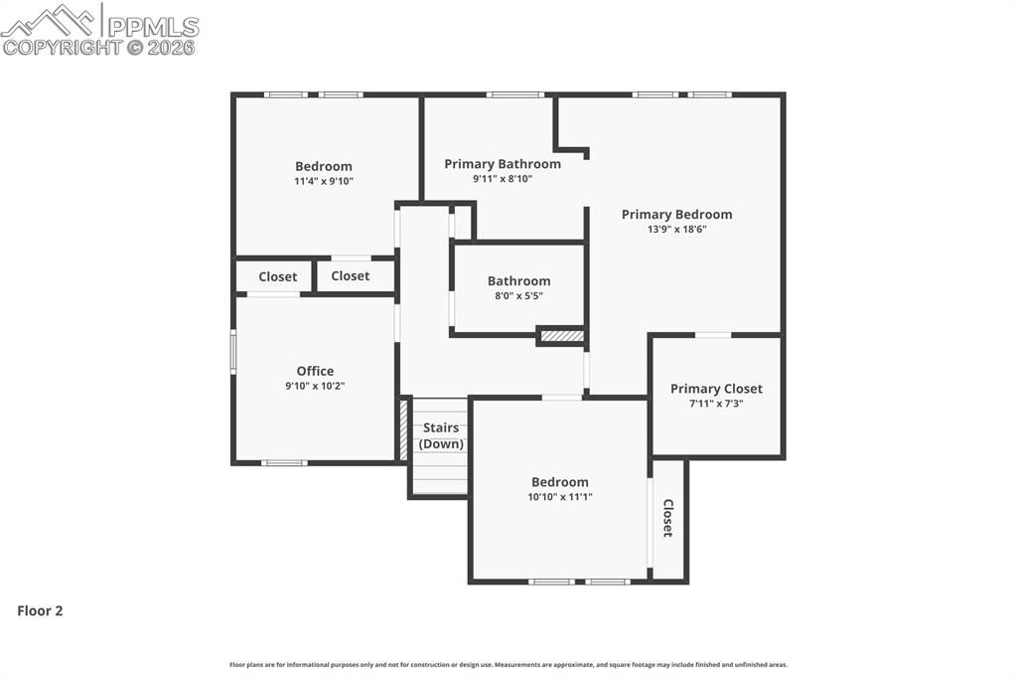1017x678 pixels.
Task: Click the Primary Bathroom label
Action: coord(502,164)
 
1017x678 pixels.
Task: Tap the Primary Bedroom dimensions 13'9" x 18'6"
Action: coord(676,229)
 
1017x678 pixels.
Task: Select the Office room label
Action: coord(315,371)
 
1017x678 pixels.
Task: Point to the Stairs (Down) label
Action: coord(441,435)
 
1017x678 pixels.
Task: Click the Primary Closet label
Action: coord(716,389)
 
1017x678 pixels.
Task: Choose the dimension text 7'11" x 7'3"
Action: coord(716,404)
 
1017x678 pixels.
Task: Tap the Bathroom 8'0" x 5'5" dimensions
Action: coord(518,295)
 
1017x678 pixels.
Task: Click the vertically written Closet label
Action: coord(668,518)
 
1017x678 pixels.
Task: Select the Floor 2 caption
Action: coord(40,611)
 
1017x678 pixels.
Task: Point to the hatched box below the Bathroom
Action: coord(561,336)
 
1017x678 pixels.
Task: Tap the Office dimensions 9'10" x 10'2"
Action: coord(315,386)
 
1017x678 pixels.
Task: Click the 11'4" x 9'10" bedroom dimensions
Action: coord(324,181)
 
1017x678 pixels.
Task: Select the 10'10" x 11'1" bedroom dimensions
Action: coord(560,497)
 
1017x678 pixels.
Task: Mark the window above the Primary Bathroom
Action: coord(514,94)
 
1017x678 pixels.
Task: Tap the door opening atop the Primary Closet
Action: coord(713,335)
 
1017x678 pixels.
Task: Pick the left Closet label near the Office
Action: coord(278,276)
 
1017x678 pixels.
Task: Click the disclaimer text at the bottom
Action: coord(508,665)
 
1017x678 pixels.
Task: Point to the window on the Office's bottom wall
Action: coord(284,462)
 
